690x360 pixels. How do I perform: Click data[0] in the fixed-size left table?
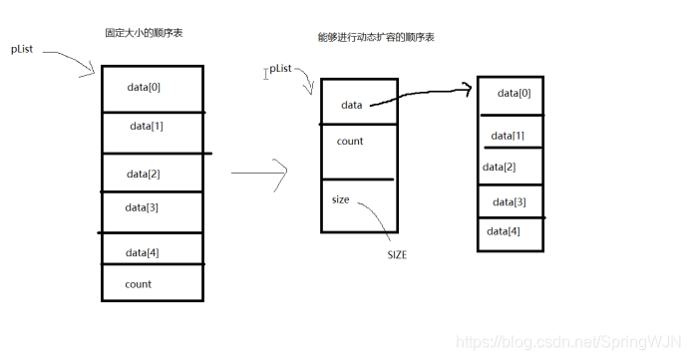pos(144,87)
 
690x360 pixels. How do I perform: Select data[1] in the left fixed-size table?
pos(146,127)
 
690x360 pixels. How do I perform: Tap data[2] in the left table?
pos(144,174)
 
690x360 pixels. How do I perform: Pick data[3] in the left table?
pos(142,207)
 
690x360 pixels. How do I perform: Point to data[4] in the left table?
pos(143,252)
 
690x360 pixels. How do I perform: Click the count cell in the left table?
pos(139,284)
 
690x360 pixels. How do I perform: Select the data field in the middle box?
pos(351,105)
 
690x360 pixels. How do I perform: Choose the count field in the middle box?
pos(350,142)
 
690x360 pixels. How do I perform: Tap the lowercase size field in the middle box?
pos(341,199)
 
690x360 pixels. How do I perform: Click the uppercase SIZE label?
pos(397,255)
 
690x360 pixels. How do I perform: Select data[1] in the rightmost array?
pos(508,135)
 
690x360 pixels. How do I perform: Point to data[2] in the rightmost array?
pos(500,167)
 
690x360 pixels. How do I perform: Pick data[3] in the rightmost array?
pos(510,202)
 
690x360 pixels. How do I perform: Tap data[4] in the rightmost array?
pos(504,231)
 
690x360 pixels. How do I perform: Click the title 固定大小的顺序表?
pos(144,33)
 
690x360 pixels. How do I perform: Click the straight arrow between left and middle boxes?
pos(259,174)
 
